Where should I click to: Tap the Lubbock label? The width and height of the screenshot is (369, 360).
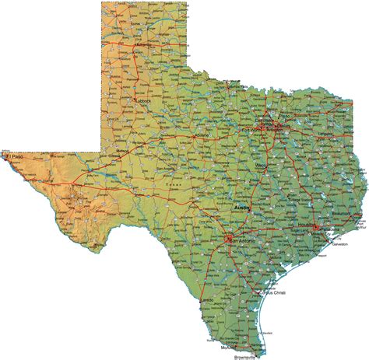(141, 100)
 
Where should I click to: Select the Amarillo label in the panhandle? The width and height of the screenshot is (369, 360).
(144, 44)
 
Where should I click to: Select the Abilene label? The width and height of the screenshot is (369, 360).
(205, 135)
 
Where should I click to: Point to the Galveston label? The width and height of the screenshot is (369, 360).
(339, 243)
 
